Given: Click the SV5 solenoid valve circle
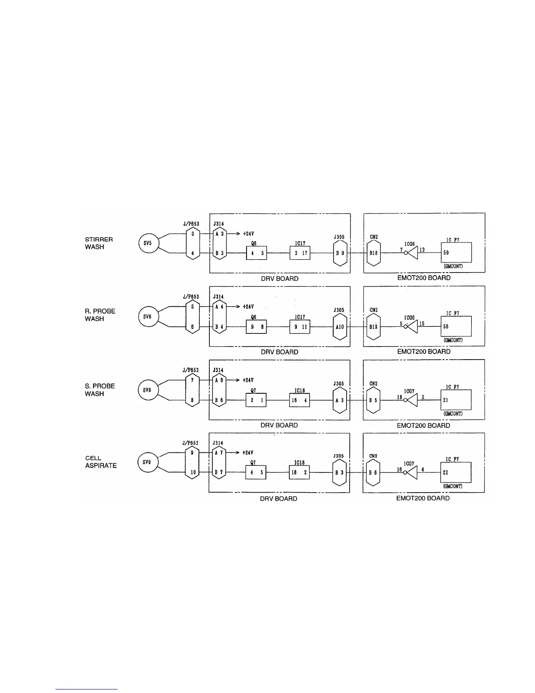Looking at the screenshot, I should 148,243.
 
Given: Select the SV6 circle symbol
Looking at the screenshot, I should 147,317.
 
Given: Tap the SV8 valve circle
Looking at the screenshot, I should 147,390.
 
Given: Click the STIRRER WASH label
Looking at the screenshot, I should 99,243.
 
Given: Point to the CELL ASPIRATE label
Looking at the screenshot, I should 101,462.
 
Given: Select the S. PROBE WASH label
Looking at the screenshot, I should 100,390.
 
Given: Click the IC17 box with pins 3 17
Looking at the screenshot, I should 300,253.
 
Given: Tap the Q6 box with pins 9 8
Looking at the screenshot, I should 256,326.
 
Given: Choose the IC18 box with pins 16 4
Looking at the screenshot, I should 299,400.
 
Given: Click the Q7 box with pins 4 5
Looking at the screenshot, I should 256,472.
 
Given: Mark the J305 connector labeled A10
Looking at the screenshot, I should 340,326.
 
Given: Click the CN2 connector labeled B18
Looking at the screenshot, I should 373,253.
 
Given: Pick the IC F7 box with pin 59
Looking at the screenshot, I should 456,252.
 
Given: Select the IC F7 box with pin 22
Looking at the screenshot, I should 455,472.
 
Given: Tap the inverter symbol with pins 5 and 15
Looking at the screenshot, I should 411,326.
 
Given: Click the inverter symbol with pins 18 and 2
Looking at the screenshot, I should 411,400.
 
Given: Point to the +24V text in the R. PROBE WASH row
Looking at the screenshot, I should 248,307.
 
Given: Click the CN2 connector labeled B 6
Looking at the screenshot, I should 373,472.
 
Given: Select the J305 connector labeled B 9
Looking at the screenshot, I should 340,253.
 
